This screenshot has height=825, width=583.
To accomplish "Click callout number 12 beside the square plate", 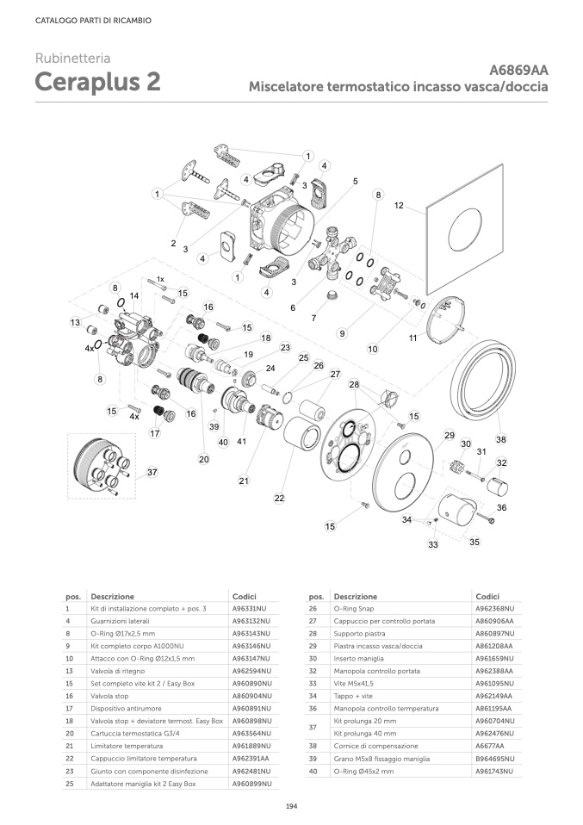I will click(x=399, y=206).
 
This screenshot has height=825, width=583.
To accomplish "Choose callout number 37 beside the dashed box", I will click(x=152, y=472).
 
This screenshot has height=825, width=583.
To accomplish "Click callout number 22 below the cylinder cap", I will click(x=279, y=498).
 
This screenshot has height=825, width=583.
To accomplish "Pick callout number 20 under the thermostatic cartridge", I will click(x=203, y=459).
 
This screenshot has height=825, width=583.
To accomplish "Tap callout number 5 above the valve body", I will click(x=355, y=182).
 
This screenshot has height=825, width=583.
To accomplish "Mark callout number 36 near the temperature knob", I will click(x=501, y=507).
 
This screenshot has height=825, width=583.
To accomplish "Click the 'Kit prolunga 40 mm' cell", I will click(x=365, y=733).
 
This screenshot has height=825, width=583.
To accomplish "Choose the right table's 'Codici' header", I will click(x=487, y=596).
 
